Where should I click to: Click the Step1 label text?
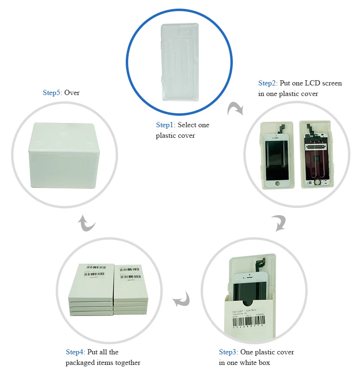coord(165,125)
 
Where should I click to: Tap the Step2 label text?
coord(267,83)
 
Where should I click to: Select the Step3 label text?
coord(228,352)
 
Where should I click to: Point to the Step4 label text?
coord(75,352)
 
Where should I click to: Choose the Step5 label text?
coord(52,92)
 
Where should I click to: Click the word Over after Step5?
coord(72,92)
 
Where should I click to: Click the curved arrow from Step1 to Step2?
coord(235,109)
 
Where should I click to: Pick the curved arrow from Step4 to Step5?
coord(87,222)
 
